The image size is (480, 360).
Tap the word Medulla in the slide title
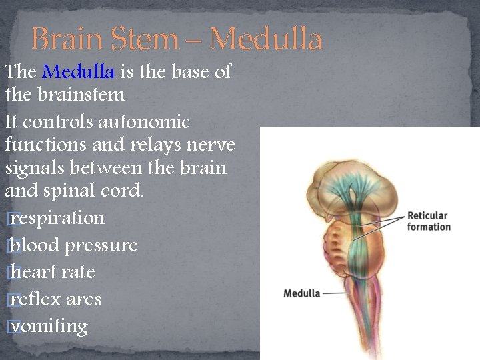pos(266,39)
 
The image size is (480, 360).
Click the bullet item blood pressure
pos(73,245)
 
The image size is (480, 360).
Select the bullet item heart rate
pos(53,272)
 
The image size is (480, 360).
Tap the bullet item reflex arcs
pos(56,299)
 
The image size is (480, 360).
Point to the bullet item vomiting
pos(49,326)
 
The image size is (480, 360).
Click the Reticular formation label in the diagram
pos(429,221)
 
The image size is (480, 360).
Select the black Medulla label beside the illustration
pos(301,293)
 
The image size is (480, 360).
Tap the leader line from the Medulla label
pos(335,293)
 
